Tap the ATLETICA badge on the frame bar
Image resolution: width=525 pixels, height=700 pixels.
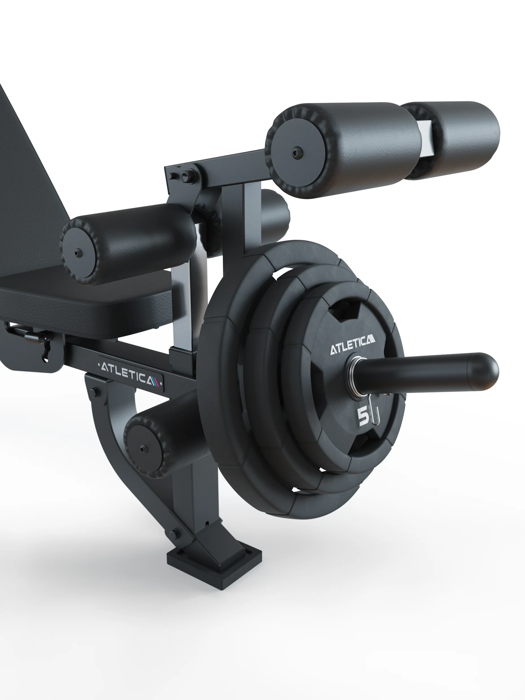[x=130, y=373]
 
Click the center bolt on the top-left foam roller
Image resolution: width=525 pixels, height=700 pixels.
[x=297, y=153]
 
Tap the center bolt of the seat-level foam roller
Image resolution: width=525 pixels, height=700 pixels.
[x=78, y=253]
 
